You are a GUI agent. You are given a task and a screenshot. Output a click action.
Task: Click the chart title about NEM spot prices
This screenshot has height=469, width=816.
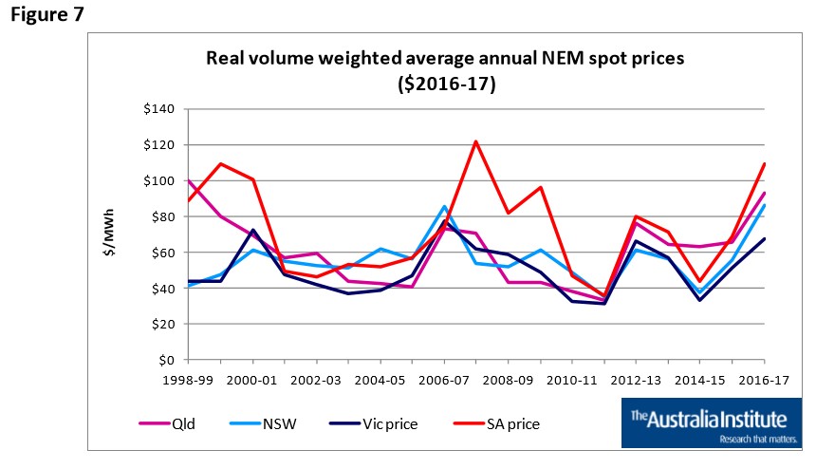click(x=446, y=70)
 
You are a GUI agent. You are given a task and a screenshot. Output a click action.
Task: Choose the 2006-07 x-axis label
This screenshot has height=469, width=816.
click(x=445, y=378)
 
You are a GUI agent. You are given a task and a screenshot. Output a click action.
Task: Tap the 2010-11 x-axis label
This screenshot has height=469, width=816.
click(x=573, y=378)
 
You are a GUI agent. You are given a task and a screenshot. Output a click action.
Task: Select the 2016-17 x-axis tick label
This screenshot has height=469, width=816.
click(x=765, y=378)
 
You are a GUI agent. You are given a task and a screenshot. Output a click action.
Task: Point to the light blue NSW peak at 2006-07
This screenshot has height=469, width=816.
click(x=444, y=206)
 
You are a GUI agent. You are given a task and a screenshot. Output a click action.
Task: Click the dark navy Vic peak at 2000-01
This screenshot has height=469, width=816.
click(x=252, y=230)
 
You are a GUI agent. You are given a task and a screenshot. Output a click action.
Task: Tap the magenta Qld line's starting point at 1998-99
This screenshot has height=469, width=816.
click(x=189, y=180)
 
